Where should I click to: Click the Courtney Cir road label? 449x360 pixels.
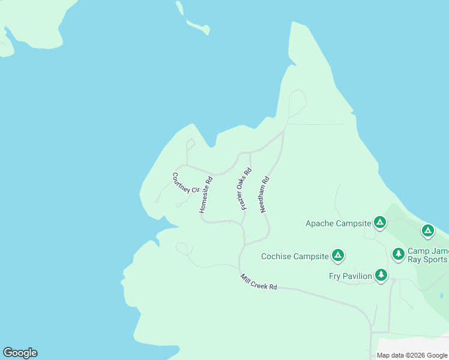[185, 183]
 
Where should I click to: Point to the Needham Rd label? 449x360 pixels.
[264, 194]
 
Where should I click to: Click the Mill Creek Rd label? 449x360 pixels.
[259, 283]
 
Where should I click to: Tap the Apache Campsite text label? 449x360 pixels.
[339, 223]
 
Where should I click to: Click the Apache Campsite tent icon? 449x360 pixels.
[379, 223]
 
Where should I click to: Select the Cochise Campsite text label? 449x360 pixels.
[295, 256]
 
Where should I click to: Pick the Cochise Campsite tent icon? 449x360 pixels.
[338, 256]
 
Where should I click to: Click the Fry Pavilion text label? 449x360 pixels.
[351, 276]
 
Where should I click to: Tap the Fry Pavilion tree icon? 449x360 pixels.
[381, 275]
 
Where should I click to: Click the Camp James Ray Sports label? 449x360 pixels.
[427, 255]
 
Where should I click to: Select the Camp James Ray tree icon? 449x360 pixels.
[399, 254]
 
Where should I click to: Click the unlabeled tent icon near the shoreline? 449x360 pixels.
[427, 230]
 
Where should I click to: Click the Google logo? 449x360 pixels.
[20, 353]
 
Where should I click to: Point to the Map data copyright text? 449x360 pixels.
[411, 355]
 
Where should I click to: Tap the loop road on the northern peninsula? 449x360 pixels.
[297, 103]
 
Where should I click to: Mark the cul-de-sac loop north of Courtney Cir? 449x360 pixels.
[190, 144]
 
